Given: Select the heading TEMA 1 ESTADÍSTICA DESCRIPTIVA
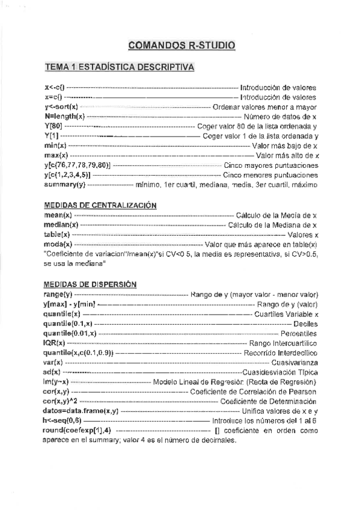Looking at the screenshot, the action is [120, 67].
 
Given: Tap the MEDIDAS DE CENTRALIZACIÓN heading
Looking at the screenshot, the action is [100, 205].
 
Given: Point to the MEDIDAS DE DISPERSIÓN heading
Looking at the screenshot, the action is [91, 284].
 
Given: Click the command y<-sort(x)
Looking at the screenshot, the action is [61, 106].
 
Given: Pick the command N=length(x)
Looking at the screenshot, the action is [64, 116].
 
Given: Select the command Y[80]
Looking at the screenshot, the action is [52, 126].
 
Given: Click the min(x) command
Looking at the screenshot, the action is [55, 146].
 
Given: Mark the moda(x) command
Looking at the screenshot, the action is [58, 244].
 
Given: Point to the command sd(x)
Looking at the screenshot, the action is [52, 372].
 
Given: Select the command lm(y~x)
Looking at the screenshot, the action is [57, 382].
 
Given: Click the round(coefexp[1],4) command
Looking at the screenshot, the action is [77, 431].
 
